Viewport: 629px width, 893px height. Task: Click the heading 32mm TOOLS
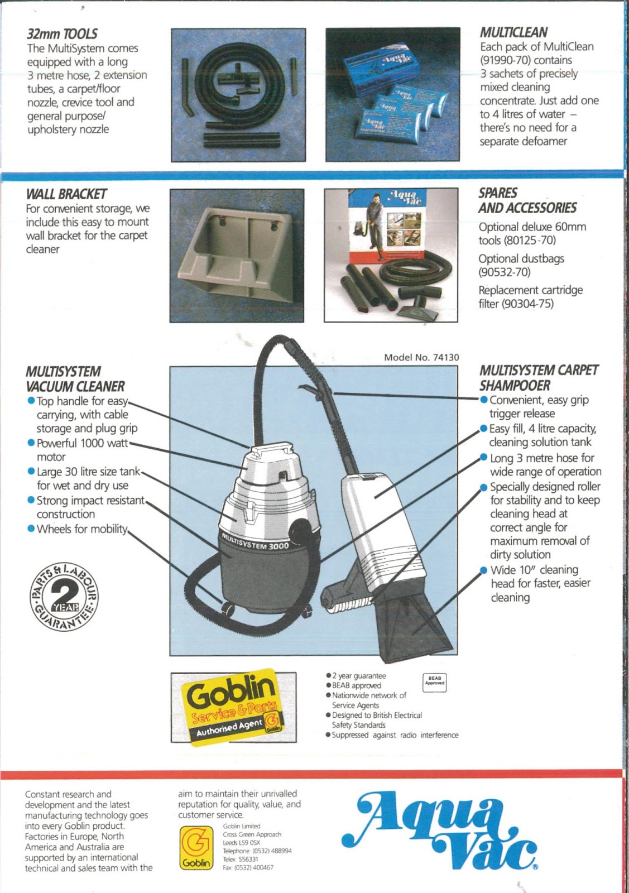(x=62, y=34)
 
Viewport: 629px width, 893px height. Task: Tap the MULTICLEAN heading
(x=513, y=32)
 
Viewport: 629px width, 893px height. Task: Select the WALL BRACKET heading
(x=66, y=194)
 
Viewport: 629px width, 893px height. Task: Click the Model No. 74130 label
(x=421, y=358)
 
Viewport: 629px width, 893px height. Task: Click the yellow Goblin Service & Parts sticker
(x=233, y=705)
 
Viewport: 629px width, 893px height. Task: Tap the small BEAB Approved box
(x=435, y=683)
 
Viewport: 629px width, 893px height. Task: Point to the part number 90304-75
(x=527, y=304)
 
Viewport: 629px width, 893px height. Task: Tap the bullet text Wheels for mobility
(x=82, y=529)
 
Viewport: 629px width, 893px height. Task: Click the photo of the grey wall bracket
(x=237, y=255)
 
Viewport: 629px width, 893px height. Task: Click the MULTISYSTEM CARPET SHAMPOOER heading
(x=538, y=378)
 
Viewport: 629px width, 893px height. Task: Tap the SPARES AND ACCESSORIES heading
(x=526, y=200)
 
